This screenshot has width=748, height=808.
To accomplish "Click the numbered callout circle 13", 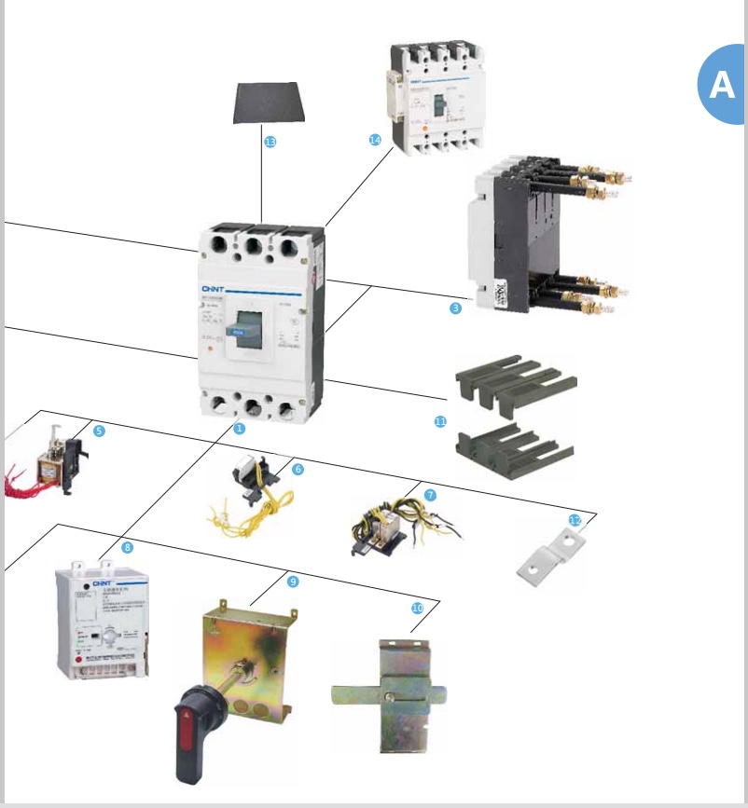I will click(270, 143).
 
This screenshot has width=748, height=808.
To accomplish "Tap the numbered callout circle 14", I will click(375, 140).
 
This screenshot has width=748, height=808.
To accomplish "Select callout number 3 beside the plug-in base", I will click(455, 308).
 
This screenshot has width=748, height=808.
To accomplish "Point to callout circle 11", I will click(441, 422).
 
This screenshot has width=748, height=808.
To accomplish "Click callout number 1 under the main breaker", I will click(239, 429).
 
